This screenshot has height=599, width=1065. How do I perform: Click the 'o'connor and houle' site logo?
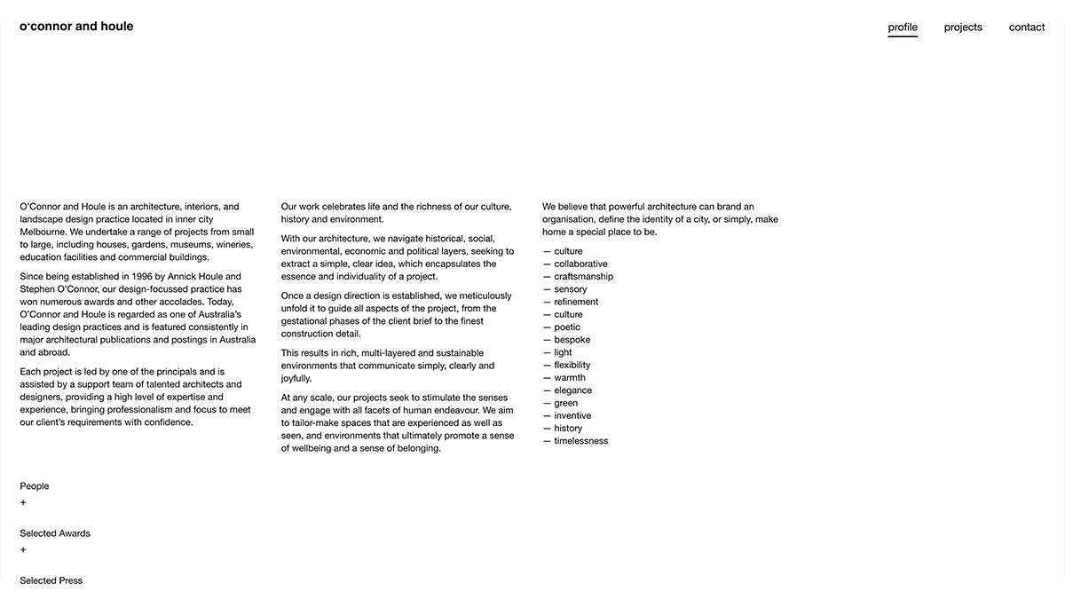point(76,27)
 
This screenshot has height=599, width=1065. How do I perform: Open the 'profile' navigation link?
point(903,28)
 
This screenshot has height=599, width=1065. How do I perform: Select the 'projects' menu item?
point(963,28)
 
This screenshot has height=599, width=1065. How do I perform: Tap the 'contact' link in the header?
point(1027,28)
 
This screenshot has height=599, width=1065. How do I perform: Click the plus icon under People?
point(23,503)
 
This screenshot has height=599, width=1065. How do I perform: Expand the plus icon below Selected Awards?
point(23,550)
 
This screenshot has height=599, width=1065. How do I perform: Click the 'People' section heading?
point(35,486)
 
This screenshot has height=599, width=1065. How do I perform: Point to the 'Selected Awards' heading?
point(55,533)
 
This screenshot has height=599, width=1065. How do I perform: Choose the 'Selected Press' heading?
point(51,580)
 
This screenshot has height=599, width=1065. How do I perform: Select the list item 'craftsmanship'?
point(583,277)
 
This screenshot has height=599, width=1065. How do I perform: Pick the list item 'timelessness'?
point(580,441)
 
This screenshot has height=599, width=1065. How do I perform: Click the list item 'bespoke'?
point(572,340)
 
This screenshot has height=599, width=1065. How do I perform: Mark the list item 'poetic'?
point(568,327)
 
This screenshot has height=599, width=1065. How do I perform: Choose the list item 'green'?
point(566,403)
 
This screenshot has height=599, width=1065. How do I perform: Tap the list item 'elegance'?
point(572,390)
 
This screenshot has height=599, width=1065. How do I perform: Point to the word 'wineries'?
point(233,244)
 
